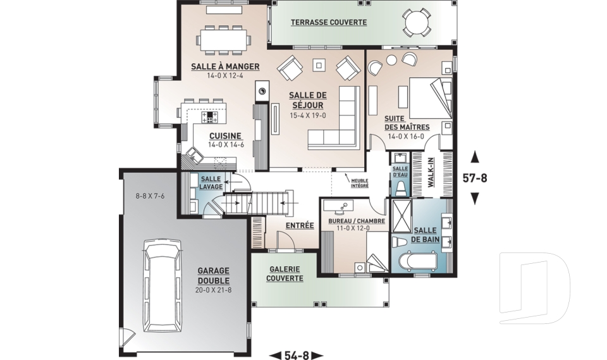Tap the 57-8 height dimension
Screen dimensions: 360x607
point(475,178)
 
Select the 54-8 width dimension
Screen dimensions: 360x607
point(296,355)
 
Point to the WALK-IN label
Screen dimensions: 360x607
point(431,173)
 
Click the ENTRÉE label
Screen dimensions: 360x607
point(300,225)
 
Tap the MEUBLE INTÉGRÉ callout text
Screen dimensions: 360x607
point(360,183)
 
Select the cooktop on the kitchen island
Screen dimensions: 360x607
point(210,117)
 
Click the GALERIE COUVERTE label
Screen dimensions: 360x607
point(285,273)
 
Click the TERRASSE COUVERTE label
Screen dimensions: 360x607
point(329,22)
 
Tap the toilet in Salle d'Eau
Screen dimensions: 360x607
point(400,187)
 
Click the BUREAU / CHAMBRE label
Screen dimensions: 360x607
point(353,221)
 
